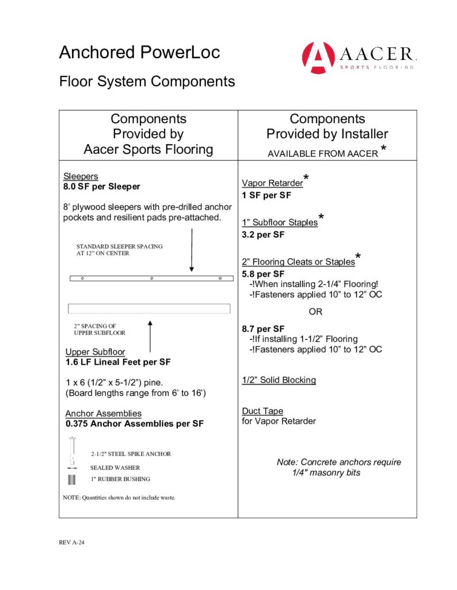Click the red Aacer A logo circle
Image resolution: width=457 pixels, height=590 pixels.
click(318, 58)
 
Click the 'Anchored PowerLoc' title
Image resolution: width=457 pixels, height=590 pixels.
click(139, 52)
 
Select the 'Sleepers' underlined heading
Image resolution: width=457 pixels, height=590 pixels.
click(81, 176)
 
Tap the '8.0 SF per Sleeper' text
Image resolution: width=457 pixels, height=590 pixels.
click(101, 187)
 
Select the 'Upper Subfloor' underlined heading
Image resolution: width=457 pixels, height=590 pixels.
click(95, 352)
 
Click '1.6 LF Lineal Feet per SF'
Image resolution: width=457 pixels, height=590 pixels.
click(118, 362)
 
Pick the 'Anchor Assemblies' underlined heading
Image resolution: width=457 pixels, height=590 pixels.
click(103, 414)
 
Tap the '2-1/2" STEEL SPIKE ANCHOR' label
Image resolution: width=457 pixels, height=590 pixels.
click(131, 454)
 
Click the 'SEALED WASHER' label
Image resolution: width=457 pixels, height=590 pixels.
click(115, 468)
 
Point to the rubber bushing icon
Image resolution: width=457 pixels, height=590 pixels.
click(72, 479)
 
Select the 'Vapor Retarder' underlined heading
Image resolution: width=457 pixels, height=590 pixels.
click(272, 183)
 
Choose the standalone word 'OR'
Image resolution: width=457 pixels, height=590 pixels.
click(316, 312)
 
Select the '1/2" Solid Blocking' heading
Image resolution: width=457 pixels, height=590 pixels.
click(279, 380)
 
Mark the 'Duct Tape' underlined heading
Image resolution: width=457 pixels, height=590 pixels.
click(262, 411)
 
